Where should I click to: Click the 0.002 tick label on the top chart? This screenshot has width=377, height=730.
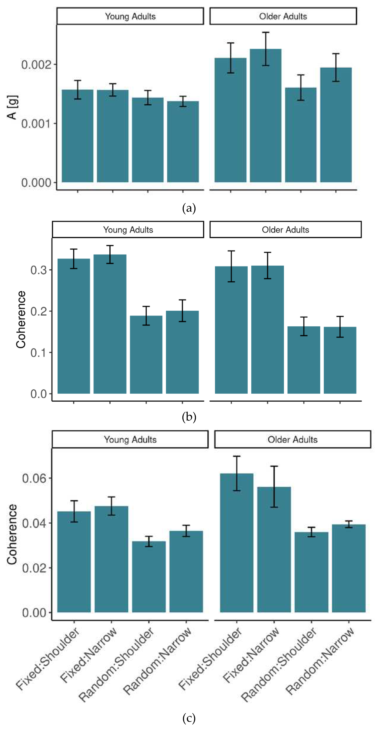click(x=36, y=65)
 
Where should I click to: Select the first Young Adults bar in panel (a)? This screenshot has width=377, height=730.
click(x=78, y=136)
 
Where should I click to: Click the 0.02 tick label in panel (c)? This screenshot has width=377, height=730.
click(x=34, y=568)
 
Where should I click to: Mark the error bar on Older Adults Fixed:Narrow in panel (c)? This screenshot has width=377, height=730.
click(x=274, y=487)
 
